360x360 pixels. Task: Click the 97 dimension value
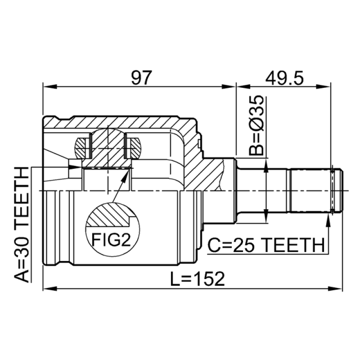(x=141, y=77)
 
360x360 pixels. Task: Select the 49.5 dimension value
(x=284, y=77)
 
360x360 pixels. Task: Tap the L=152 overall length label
(x=197, y=279)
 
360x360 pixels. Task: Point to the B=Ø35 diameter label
(x=256, y=126)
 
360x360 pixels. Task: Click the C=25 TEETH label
(x=266, y=245)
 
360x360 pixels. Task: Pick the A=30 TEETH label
(x=22, y=225)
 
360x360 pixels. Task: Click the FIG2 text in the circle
(x=111, y=239)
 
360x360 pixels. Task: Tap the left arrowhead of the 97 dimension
(x=50, y=87)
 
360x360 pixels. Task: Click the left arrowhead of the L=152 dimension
(x=50, y=288)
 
